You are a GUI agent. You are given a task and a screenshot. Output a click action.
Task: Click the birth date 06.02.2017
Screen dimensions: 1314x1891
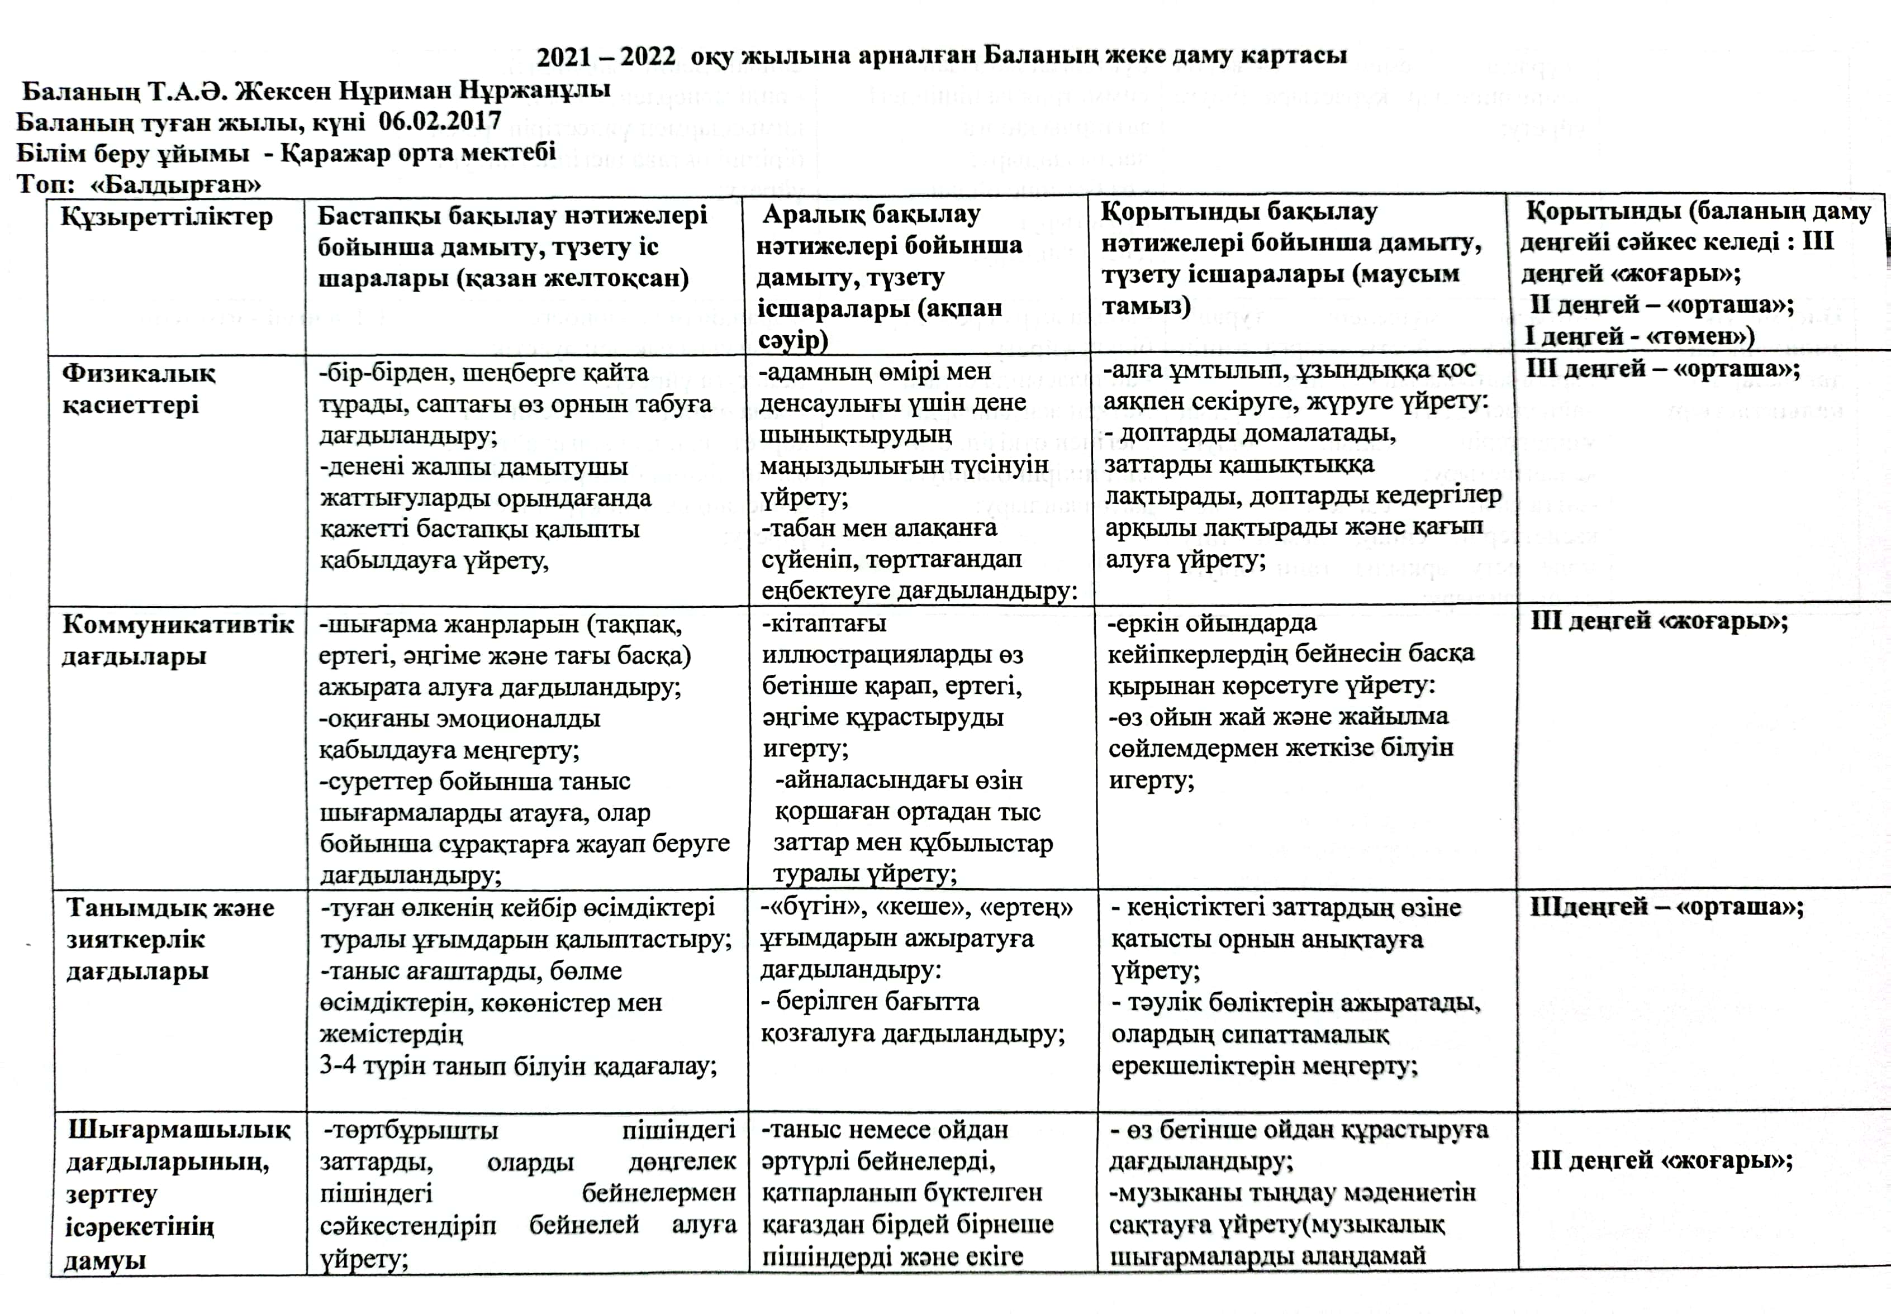tap(440, 121)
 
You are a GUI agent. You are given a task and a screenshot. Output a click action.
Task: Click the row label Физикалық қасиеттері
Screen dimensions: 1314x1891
tap(139, 389)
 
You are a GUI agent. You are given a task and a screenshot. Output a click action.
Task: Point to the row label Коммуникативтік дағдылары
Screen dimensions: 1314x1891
tap(178, 641)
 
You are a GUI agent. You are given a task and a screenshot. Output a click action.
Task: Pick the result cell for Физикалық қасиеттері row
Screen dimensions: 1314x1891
tap(1663, 369)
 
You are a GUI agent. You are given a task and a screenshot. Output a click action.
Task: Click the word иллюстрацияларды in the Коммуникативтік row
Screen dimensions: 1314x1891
tap(892, 655)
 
